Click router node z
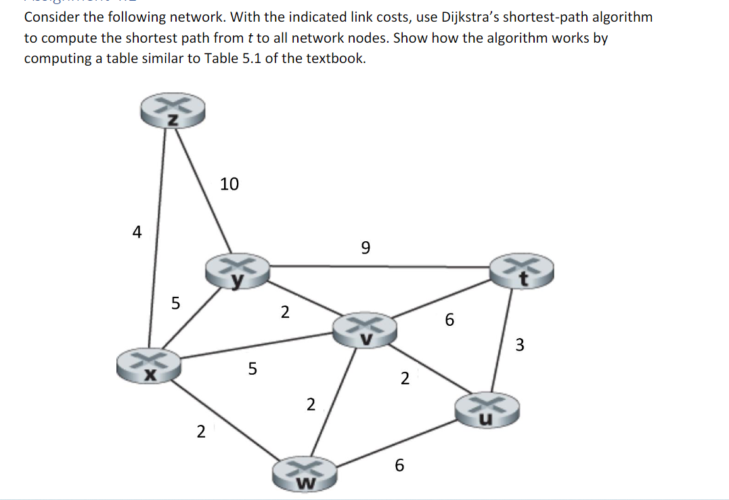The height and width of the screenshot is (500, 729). [x=172, y=112]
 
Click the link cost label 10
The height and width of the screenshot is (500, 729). [x=229, y=184]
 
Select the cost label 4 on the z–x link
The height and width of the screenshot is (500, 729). [x=137, y=232]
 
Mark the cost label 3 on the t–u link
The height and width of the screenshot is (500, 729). [x=519, y=346]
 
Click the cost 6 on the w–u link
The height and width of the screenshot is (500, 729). [x=399, y=465]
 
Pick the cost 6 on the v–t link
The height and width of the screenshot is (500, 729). [x=450, y=320]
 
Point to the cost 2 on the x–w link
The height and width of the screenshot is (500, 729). [x=200, y=431]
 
